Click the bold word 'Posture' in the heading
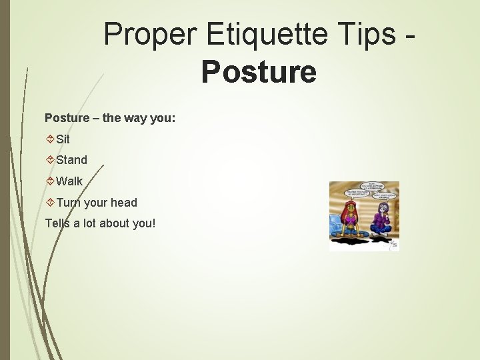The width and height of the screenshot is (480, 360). point(259,72)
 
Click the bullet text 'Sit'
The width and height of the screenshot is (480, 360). point(63,139)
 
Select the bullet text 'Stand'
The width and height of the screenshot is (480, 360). point(71,160)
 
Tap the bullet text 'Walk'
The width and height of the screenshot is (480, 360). point(69,181)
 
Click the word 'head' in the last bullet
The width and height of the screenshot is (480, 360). point(123,203)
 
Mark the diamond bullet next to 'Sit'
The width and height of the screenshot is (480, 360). point(50,139)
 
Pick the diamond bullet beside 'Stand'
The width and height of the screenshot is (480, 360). point(50,160)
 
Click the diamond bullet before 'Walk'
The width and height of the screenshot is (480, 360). point(50,181)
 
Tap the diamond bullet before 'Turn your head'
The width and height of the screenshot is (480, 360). point(50,203)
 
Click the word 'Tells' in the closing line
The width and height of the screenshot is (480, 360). point(57,223)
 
